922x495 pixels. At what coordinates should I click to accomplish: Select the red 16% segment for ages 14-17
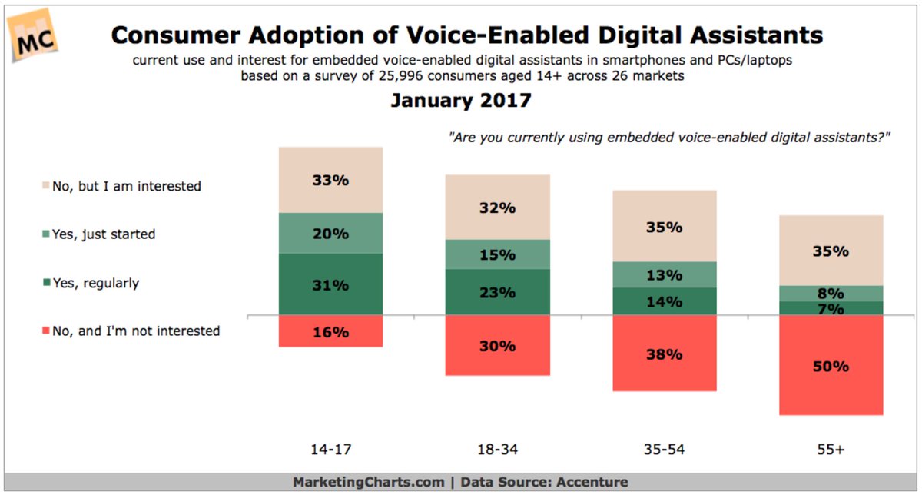(330, 331)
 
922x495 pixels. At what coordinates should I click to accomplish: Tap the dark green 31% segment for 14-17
(330, 284)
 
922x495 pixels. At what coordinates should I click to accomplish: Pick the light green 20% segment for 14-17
(330, 233)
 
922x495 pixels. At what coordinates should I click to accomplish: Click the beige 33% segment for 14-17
(330, 181)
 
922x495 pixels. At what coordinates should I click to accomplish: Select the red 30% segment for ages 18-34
(497, 345)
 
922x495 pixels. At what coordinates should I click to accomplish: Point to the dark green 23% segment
(497, 292)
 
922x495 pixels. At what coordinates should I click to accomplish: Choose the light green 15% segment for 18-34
(497, 254)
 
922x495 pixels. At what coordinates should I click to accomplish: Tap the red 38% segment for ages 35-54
(664, 354)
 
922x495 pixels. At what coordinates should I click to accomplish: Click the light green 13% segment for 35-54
(664, 274)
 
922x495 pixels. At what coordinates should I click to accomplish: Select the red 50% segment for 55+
(831, 366)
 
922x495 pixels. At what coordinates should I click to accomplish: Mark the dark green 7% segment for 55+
(831, 309)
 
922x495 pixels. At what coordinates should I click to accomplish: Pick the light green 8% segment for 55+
(831, 293)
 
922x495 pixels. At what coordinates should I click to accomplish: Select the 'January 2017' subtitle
(461, 101)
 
